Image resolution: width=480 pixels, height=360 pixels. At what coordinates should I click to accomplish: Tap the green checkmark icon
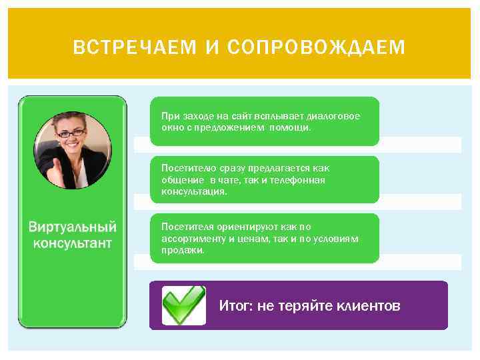point(183,305)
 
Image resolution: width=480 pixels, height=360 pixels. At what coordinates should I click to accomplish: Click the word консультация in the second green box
point(193,191)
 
